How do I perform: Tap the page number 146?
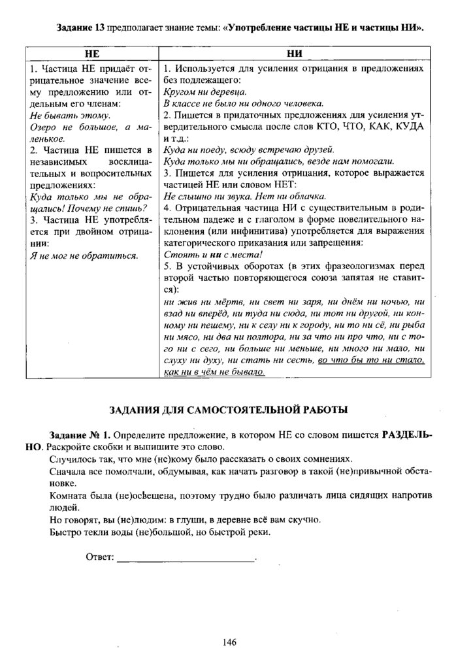coord(228,642)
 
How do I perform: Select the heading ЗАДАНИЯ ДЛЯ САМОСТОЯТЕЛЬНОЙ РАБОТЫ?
coord(228,410)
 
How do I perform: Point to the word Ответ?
coord(99,557)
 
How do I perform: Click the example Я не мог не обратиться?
coord(84,255)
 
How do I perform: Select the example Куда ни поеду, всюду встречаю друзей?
coord(248,149)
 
